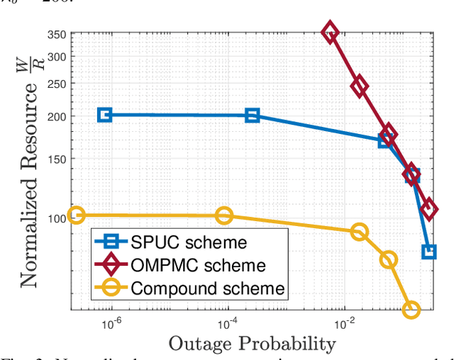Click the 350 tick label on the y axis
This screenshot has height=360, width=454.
57,34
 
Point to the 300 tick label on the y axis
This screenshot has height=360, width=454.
57,57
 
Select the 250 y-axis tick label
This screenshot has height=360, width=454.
57,84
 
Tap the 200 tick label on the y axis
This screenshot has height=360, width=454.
57,117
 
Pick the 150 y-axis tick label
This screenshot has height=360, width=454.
57,160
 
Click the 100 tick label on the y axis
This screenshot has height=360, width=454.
57,219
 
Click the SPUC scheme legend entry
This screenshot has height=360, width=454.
189,242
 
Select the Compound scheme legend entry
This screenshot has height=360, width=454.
207,288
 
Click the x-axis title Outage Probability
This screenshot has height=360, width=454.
252,344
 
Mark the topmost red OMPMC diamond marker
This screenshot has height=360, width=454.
330,32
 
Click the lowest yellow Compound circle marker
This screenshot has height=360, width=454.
411,309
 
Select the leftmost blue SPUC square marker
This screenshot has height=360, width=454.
104,115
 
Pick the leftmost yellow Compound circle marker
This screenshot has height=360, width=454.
76,215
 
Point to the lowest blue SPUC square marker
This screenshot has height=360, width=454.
428,252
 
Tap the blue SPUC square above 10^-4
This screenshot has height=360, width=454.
252,116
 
